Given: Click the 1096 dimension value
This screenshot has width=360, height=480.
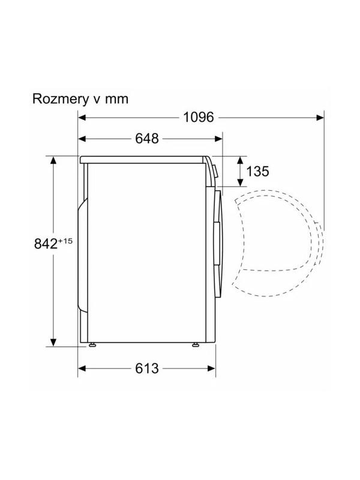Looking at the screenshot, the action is click(x=199, y=117).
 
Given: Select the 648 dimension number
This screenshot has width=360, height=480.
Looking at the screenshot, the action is click(x=147, y=139).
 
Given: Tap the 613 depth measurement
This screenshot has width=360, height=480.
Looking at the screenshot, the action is click(x=147, y=368).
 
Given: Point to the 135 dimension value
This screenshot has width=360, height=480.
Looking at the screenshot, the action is click(x=257, y=171).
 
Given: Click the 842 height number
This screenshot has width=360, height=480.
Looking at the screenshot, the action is click(x=46, y=244).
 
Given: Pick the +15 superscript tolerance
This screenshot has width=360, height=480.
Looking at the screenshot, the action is click(x=65, y=241).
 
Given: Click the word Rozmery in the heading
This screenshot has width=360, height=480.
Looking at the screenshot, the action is click(x=59, y=99).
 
